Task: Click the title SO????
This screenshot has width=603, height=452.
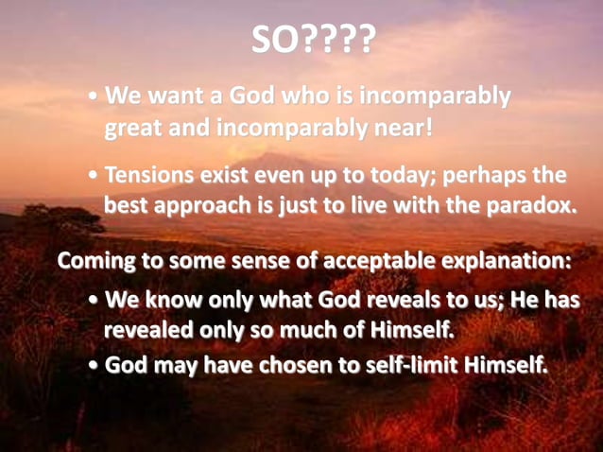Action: [x=314, y=39]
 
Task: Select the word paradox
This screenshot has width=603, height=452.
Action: [x=528, y=206]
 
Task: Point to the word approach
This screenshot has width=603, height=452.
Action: [x=213, y=206]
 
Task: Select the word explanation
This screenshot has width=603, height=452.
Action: [x=501, y=260]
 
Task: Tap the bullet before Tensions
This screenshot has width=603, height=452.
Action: [x=94, y=177]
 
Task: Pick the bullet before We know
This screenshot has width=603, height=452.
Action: [x=94, y=302]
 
